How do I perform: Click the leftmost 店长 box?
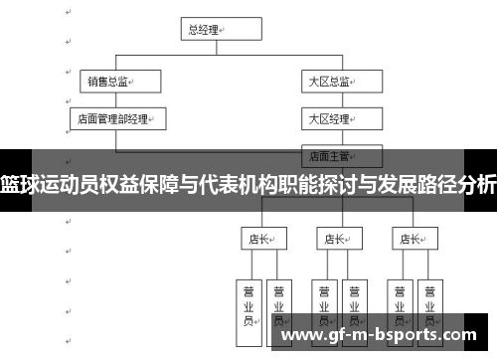(x=260, y=239)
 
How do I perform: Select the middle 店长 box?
(x=335, y=239)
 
